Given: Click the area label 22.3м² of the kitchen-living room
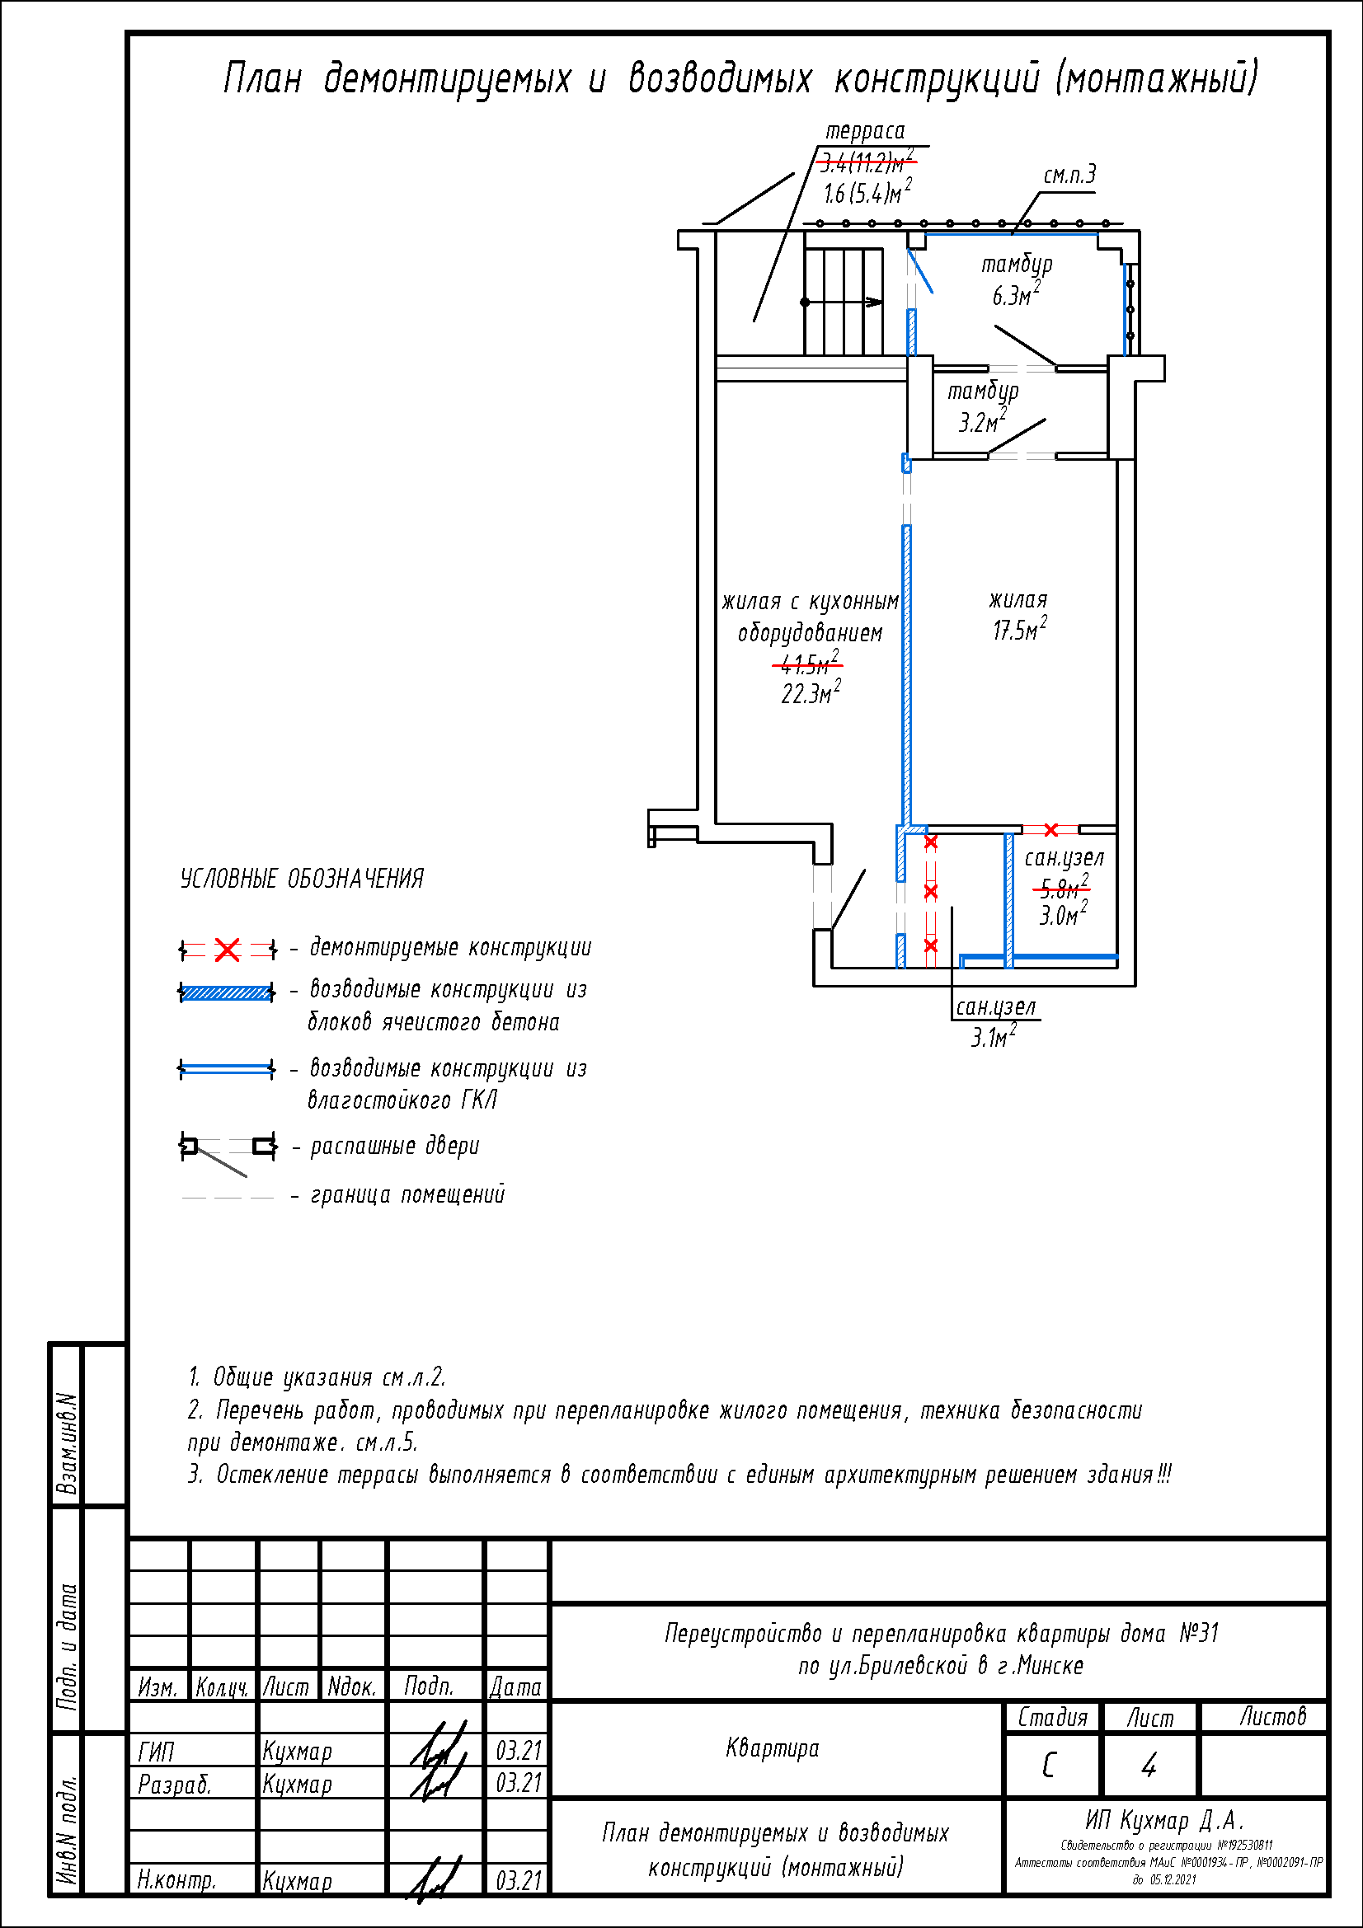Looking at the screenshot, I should pos(811,693).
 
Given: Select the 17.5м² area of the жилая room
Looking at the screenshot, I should pos(1018,630).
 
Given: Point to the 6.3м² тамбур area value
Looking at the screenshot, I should pos(1015,295).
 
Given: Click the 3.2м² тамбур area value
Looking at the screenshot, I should pos(982,421).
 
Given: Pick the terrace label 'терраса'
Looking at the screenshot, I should pos(865,131).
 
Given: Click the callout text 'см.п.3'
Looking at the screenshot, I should pos(1069,175).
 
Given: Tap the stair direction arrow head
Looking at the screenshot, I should pos(875,303).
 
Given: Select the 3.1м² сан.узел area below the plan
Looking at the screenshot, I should pos(994,1038).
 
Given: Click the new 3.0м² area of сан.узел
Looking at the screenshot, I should pos(1062,914).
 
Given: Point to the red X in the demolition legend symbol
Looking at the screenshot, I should pos(227,950).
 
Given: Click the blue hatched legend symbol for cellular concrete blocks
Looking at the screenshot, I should pos(227,993).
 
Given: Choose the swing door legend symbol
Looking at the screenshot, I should pos(227,1149).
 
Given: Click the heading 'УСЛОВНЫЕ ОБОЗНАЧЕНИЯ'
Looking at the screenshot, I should pos(302,880).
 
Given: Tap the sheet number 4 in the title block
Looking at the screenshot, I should pos(1149,1766).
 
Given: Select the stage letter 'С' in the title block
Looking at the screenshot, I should pos(1050,1766).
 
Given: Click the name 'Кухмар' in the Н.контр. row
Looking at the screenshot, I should pos(298,1881).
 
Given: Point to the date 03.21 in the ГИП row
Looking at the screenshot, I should pos(518,1751).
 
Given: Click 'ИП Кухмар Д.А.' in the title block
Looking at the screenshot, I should pos(1164,1821).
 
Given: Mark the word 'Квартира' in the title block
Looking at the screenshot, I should pos(772,1748).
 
